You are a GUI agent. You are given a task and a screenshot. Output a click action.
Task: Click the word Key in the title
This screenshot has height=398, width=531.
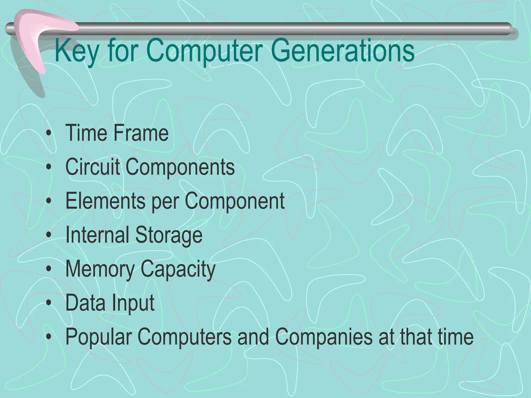click(77, 51)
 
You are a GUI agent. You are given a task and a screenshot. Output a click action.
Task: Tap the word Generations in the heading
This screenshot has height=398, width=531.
click(343, 51)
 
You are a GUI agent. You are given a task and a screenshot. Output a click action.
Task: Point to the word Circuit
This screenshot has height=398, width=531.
click(93, 167)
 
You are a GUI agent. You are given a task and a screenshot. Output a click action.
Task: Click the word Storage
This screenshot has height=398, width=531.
click(169, 235)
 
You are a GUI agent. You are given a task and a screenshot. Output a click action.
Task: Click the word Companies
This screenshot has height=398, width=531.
click(324, 337)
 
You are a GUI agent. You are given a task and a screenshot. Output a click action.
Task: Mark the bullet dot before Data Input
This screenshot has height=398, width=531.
click(48, 303)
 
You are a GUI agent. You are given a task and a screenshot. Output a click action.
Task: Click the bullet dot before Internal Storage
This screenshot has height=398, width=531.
click(48, 235)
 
